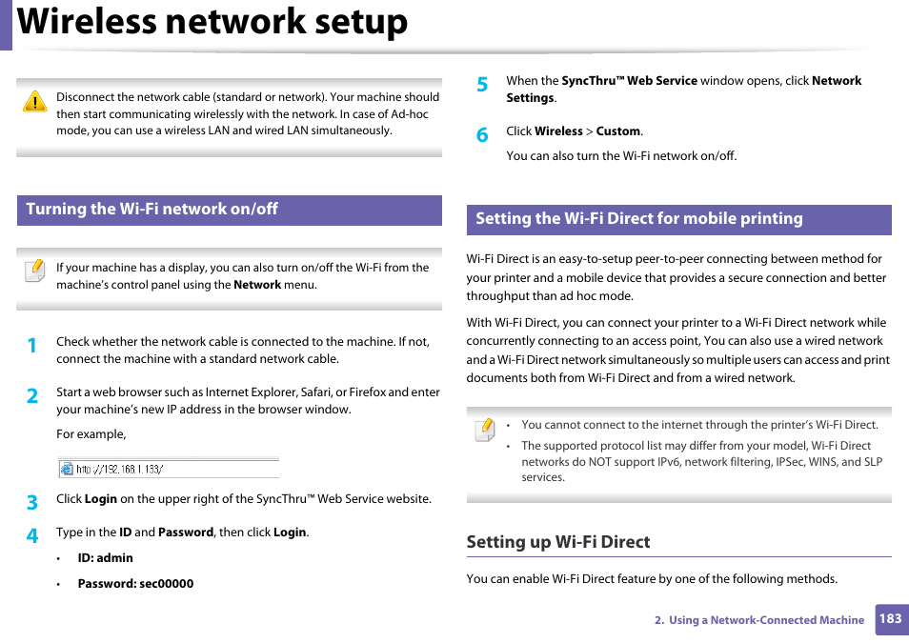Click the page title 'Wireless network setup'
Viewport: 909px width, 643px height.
click(212, 23)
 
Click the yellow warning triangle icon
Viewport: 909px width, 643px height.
click(35, 102)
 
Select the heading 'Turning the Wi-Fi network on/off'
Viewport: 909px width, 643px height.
click(151, 210)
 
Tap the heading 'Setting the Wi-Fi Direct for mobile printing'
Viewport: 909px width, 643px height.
click(638, 219)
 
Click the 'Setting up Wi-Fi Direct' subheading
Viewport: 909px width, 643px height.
click(557, 542)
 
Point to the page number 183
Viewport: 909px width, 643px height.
click(890, 618)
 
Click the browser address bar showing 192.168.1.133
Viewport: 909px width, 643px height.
click(169, 469)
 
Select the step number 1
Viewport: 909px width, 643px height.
click(31, 346)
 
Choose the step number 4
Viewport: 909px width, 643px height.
click(31, 536)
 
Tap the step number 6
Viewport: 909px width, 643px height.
click(482, 135)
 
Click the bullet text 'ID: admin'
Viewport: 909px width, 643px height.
click(105, 558)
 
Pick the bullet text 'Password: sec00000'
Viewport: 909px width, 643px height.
click(135, 584)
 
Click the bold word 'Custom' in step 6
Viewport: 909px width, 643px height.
click(618, 131)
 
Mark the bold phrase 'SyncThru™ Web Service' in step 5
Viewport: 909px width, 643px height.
click(629, 81)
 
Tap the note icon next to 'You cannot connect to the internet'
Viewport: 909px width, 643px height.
click(484, 430)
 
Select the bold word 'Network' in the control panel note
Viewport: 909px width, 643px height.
click(257, 285)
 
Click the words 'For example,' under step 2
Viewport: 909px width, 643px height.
click(91, 434)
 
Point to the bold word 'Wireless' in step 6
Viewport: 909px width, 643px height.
click(558, 131)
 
